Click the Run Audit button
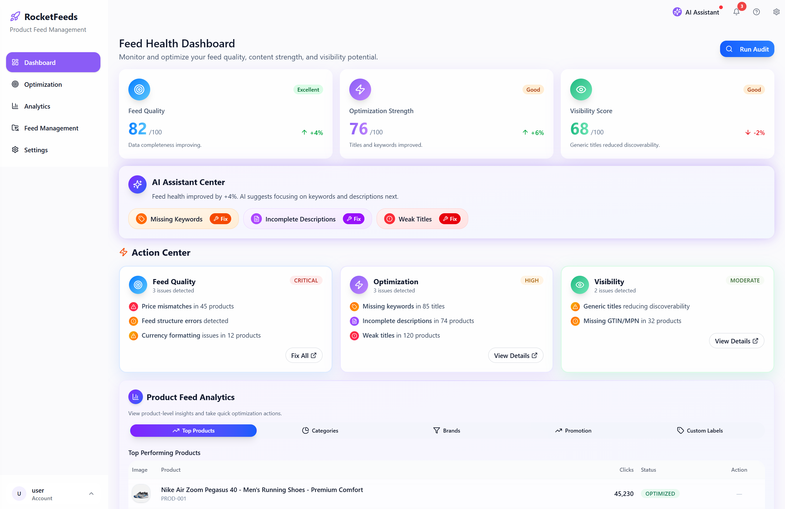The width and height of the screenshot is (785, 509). (747, 49)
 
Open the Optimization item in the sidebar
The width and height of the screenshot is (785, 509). (43, 84)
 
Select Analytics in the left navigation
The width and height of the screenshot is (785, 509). (37, 106)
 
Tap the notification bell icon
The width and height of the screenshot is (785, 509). (736, 12)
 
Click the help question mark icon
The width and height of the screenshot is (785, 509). (756, 12)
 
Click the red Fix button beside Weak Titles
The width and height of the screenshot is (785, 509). (450, 219)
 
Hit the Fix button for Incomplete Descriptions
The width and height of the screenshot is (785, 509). (353, 219)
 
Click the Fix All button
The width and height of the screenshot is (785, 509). (303, 356)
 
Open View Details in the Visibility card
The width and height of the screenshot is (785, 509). (736, 341)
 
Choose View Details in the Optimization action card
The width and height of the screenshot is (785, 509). (515, 356)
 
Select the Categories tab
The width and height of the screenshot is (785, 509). (320, 430)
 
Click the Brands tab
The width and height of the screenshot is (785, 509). (447, 430)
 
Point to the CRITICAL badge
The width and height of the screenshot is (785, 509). (306, 281)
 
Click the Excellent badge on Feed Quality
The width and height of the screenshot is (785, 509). (308, 90)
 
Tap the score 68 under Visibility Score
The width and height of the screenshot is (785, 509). (579, 129)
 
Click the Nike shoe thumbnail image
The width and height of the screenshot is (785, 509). (141, 494)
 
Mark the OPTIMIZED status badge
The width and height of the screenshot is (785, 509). (660, 494)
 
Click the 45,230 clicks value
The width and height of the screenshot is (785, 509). (623, 494)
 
